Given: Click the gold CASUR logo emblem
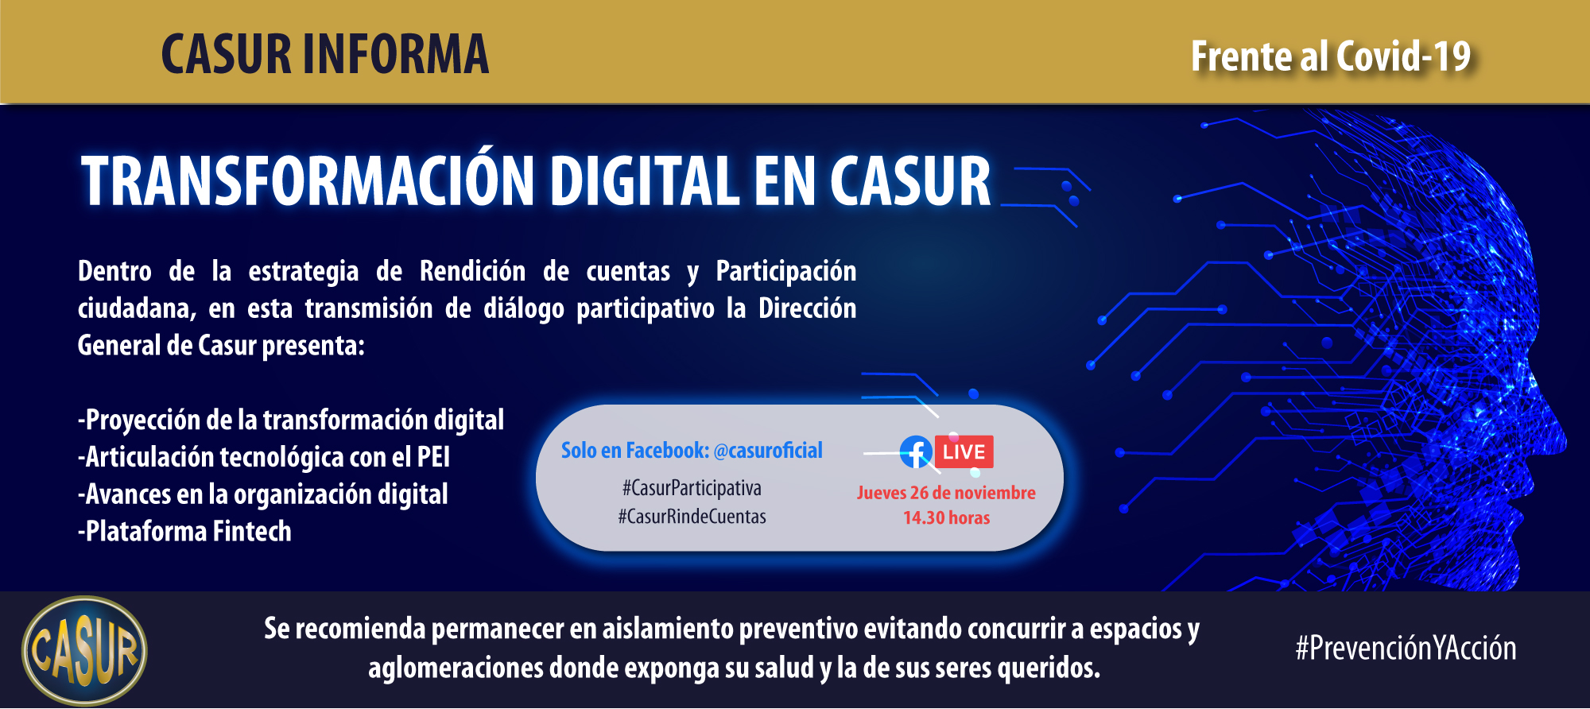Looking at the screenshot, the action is (84, 651).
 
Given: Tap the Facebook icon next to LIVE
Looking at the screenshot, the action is (916, 452).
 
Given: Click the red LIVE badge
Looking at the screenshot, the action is (964, 452).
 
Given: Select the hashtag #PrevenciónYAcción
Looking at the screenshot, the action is (1406, 649).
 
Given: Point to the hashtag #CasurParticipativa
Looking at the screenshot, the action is (692, 488).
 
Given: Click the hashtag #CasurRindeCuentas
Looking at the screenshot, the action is (692, 517).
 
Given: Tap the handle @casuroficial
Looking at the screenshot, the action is (768, 451).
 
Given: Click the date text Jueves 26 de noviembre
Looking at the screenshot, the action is (946, 493).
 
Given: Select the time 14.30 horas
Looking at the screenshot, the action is (946, 518).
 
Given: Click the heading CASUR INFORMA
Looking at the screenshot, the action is (325, 54).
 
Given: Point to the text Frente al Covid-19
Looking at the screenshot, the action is (1331, 56).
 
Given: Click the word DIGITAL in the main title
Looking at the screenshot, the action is (645, 181).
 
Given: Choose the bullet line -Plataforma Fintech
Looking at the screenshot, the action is (184, 531).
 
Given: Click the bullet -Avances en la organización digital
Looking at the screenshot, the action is (263, 494).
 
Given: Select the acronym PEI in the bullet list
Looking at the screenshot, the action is (433, 457).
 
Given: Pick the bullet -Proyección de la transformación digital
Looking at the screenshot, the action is (291, 420).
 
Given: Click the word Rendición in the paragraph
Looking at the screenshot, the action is (472, 271).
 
